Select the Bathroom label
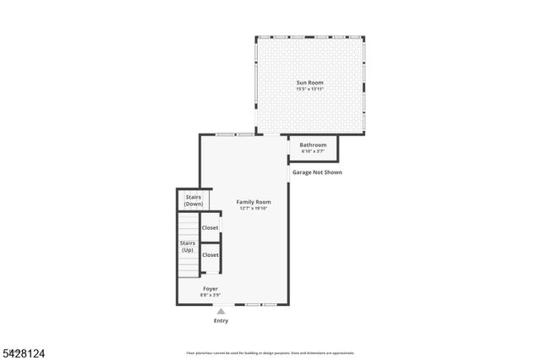313,145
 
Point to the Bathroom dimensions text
313,151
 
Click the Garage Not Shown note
317,172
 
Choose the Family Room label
253,202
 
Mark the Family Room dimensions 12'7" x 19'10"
253,209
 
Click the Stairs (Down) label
194,200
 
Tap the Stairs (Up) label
187,246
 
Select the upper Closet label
210,227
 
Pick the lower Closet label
210,254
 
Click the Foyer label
210,288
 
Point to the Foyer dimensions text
210,295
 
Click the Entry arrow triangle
221,311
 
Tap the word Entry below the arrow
221,320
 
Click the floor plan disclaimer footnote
270,352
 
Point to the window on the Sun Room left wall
256,85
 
